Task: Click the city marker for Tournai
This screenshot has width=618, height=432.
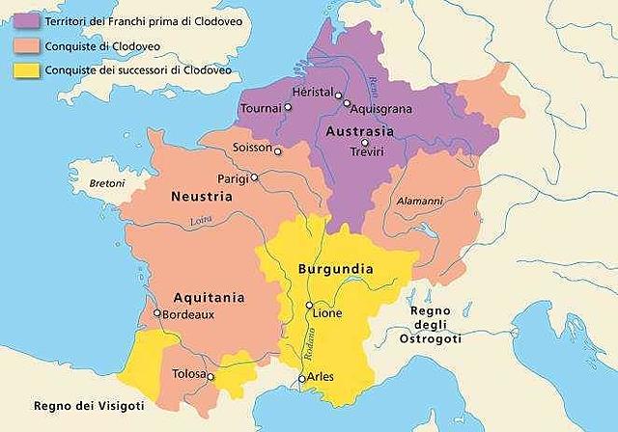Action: pyautogui.click(x=287, y=108)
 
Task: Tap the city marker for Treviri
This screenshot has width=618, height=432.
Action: pyautogui.click(x=364, y=143)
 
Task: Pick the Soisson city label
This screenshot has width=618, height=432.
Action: pyautogui.click(x=252, y=148)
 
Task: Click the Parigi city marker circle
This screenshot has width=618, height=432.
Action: pyautogui.click(x=255, y=177)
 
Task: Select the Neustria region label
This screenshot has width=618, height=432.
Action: pyautogui.click(x=201, y=196)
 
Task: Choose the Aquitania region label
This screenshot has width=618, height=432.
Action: pyautogui.click(x=209, y=297)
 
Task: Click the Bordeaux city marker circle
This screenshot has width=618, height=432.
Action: pyautogui.click(x=157, y=313)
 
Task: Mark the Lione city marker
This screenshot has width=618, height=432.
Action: pyautogui.click(x=309, y=306)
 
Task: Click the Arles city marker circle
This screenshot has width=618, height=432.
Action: pyautogui.click(x=302, y=379)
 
